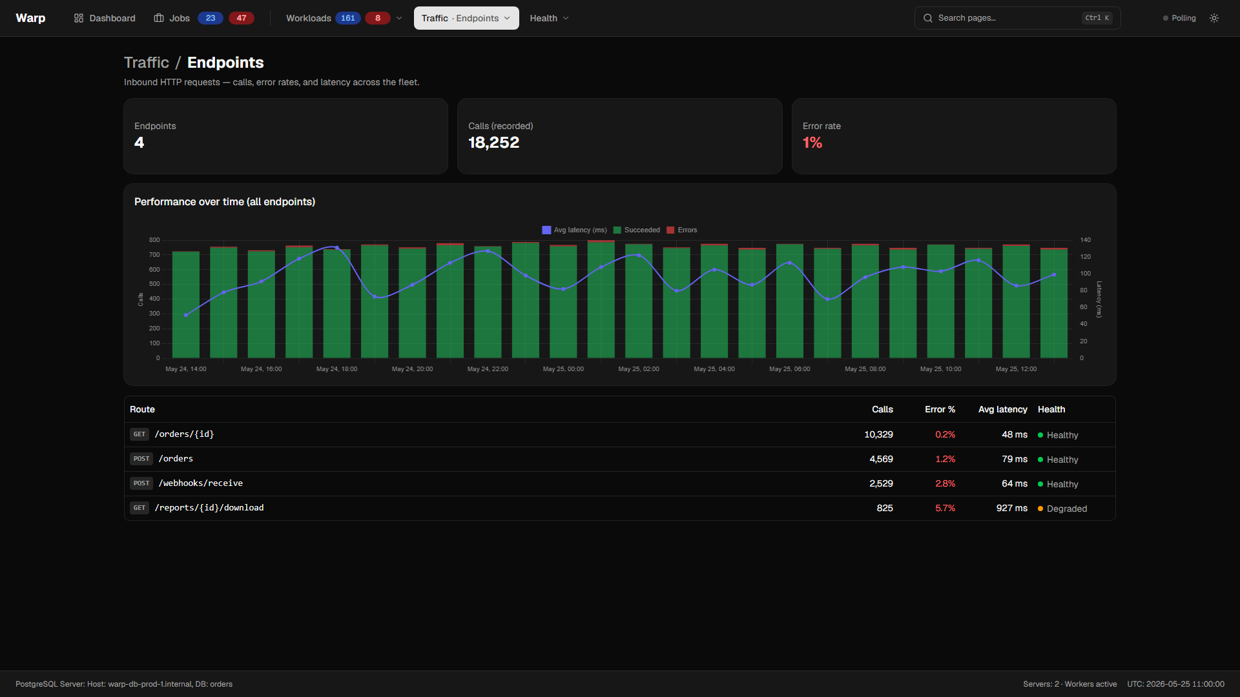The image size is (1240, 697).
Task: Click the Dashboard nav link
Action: coord(105,18)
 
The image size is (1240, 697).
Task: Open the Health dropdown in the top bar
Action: coord(549,18)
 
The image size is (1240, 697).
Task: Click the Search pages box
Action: coord(1017,18)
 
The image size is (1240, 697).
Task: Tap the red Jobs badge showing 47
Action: coord(242,18)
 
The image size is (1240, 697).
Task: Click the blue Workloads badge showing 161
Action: coord(348,18)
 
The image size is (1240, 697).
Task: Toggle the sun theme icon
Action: coord(1214,18)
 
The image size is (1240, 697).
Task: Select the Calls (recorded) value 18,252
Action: coord(493,143)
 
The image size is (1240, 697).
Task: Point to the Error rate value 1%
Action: coord(812,143)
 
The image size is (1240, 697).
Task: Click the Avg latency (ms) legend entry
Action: coord(574,230)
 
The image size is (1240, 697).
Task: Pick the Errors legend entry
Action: coord(681,230)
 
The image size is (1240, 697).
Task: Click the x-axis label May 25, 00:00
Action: coord(563,369)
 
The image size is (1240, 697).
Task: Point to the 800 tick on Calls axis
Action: coord(154,240)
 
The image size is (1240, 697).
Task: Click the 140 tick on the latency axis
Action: coord(1086,240)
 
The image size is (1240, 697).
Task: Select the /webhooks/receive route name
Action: coord(201,483)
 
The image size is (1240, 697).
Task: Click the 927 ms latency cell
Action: coord(1011,508)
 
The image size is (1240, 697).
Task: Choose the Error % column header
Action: coord(940,409)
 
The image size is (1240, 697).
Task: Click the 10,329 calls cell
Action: coord(878,434)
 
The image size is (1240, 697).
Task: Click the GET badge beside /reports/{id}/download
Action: coord(139,508)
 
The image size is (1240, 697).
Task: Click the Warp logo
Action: coord(30,18)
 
